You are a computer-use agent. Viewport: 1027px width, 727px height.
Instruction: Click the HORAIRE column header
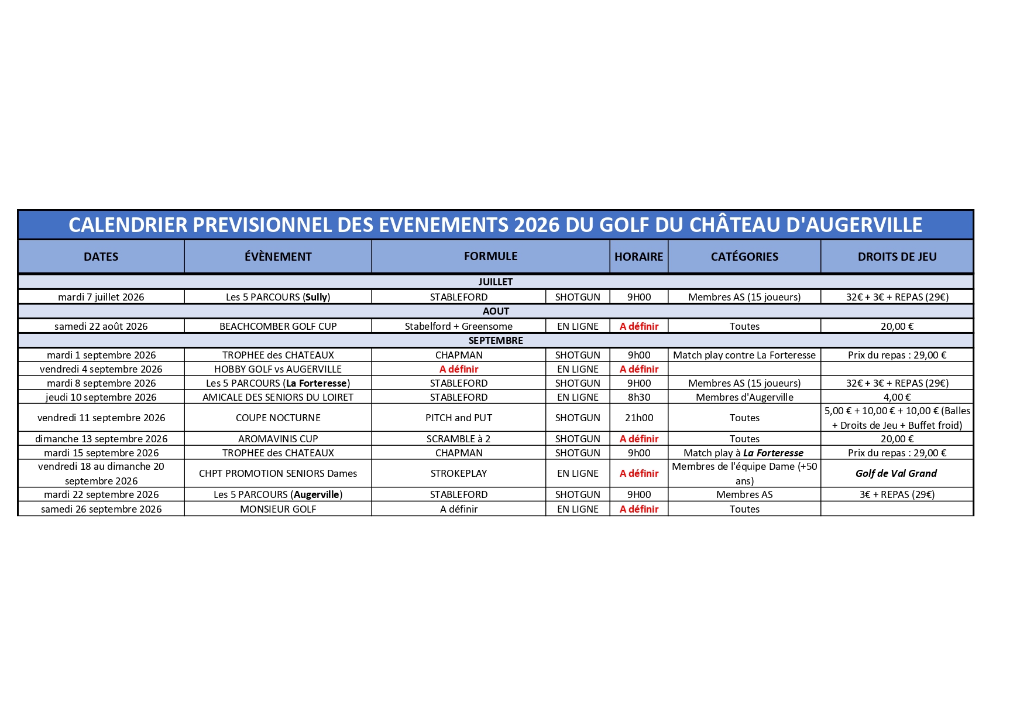point(638,257)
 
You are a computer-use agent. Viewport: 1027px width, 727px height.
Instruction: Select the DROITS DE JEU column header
point(897,257)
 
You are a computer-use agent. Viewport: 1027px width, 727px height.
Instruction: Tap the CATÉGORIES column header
point(744,257)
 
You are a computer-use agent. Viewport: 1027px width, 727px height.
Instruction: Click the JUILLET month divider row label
point(495,282)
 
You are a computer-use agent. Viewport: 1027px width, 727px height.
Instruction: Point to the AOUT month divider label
point(496,311)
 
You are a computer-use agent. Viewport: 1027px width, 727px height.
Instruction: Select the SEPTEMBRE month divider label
point(496,340)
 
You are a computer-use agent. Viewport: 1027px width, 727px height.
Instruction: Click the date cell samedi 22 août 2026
point(101,326)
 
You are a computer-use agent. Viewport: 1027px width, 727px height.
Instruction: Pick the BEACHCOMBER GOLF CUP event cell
point(278,326)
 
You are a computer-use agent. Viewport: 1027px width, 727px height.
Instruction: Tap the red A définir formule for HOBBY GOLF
point(459,369)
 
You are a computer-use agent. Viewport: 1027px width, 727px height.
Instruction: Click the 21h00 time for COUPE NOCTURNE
point(638,418)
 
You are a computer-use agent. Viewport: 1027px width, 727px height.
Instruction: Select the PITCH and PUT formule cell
point(459,418)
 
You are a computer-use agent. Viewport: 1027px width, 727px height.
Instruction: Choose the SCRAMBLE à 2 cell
point(459,439)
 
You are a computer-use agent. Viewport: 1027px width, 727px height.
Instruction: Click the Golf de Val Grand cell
point(896,473)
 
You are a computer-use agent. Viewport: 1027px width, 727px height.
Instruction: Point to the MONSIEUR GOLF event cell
point(278,509)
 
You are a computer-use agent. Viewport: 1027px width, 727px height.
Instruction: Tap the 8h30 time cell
point(638,397)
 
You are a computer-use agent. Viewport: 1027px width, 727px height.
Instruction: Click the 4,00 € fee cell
point(897,397)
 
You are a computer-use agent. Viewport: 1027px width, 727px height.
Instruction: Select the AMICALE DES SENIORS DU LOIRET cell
point(278,397)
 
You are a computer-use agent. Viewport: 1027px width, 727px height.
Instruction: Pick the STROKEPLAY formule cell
point(459,473)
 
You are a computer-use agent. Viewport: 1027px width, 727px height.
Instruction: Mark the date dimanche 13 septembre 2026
point(101,439)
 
